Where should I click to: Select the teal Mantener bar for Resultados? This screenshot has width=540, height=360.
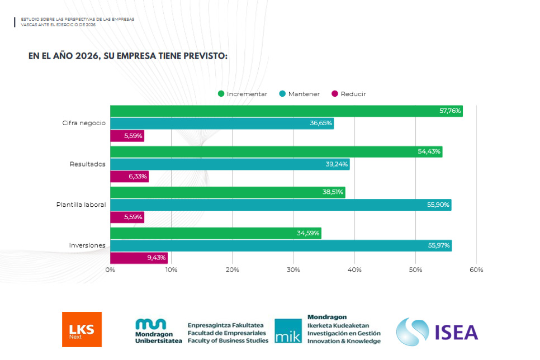tap(230, 164)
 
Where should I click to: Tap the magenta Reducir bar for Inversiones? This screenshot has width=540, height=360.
tap(139, 258)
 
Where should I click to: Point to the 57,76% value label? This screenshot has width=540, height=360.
tap(450, 111)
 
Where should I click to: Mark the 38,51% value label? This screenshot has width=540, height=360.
tap(333, 192)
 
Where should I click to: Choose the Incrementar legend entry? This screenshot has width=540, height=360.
tap(243, 94)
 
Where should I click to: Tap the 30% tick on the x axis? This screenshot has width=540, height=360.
tap(293, 270)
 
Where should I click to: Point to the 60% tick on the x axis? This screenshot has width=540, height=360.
tap(476, 270)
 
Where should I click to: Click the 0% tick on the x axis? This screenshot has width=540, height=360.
tap(110, 270)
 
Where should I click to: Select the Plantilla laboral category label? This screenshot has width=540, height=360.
tap(80, 205)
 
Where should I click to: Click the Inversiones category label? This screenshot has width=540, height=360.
tap(87, 245)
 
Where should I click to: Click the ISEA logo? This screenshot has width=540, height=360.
tap(437, 331)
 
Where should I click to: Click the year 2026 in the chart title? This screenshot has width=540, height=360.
tap(86, 56)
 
